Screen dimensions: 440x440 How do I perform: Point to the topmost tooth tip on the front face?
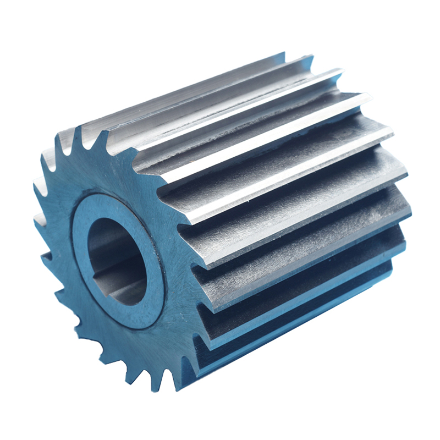click(x=78, y=128)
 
